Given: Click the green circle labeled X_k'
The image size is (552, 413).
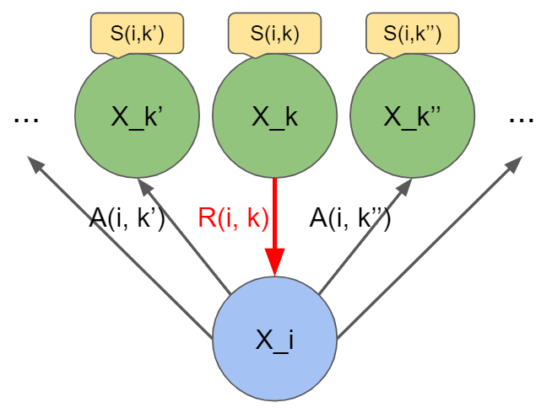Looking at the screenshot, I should click(137, 116).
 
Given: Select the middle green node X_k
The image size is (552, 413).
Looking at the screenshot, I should click(274, 116).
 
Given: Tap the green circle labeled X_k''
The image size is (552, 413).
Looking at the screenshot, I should click(412, 116).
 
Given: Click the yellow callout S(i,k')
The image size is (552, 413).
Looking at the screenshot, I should click(137, 34).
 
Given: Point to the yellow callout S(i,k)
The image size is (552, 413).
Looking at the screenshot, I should click(274, 34).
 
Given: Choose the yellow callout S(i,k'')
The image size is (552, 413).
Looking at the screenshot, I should click(412, 34).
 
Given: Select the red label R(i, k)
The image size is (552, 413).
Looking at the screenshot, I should click(233, 219).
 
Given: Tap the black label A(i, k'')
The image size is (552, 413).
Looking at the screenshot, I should click(350, 219).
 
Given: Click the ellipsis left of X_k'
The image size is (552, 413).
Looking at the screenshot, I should click(26, 120).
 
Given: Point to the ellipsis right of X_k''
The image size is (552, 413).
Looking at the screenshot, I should click(522, 120).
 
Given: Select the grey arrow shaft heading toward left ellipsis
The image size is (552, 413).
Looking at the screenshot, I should click(118, 248).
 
